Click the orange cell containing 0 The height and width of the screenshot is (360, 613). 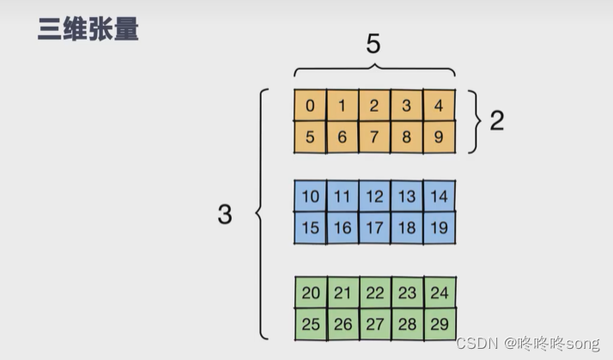click(x=310, y=106)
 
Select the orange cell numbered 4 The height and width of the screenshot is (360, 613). click(x=439, y=106)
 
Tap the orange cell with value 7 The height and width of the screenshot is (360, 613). click(x=374, y=136)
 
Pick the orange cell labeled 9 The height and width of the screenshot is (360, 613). click(x=439, y=136)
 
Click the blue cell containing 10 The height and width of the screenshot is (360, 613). click(x=310, y=197)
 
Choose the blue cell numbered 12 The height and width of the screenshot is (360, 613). click(x=374, y=197)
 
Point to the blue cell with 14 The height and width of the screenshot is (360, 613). click(x=439, y=197)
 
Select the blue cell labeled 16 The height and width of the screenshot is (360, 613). click(x=343, y=228)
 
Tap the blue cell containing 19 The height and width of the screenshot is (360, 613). click(x=439, y=228)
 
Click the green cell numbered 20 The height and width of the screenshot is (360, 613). click(x=310, y=293)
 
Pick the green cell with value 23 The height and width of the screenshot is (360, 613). click(x=407, y=293)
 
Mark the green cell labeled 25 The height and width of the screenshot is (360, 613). click(x=310, y=324)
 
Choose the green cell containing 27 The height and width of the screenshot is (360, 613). click(x=374, y=324)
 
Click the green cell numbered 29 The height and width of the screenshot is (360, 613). click(x=439, y=324)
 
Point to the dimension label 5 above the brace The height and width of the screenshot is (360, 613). click(x=373, y=45)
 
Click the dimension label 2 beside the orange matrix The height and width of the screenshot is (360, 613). click(x=496, y=121)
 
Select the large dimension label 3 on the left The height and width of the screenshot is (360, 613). click(x=224, y=214)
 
